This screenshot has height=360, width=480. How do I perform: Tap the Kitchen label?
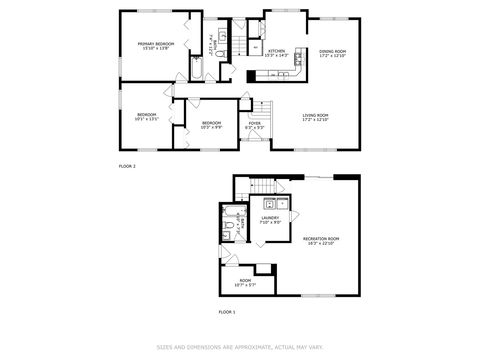[x=277, y=51]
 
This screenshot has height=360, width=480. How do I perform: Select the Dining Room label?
[x=332, y=52]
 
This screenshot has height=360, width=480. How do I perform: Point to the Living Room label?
[x=316, y=118]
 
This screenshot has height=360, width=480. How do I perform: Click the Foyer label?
[x=256, y=125]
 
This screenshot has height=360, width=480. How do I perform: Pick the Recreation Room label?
[x=321, y=240]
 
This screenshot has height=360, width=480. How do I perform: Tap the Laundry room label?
[x=270, y=219]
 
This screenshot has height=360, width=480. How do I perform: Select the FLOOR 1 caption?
[x=227, y=313]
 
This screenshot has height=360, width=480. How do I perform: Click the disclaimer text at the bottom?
[x=240, y=347]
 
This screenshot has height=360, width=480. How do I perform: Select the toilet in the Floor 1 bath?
[x=231, y=230]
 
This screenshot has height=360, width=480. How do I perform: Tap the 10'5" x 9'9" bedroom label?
[x=211, y=125]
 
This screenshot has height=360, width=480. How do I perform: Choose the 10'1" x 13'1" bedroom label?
[x=147, y=117]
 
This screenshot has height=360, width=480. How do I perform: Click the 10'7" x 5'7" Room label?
[x=244, y=283]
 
